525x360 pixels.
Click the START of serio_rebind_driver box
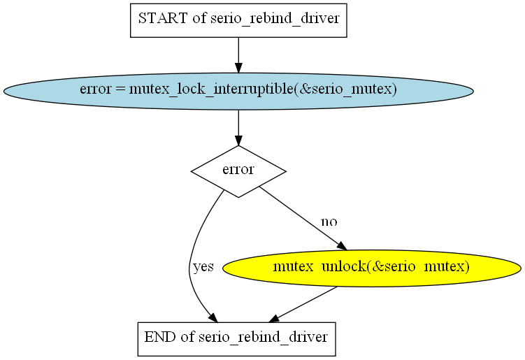click(238, 20)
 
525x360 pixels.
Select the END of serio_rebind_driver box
click(237, 339)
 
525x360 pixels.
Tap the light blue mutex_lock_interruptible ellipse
click(238, 91)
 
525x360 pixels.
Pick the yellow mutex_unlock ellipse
click(372, 268)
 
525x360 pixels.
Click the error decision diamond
click(238, 171)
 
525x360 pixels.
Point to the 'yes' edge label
click(203, 266)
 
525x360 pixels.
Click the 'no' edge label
click(329, 222)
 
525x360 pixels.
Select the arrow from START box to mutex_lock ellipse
click(238, 55)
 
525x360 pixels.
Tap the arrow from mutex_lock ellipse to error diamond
click(238, 128)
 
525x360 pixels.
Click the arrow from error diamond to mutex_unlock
click(303, 218)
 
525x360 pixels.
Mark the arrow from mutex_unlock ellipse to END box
click(303, 304)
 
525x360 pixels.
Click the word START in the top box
click(163, 18)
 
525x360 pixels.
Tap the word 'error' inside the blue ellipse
click(96, 89)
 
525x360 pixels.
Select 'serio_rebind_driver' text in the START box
click(275, 19)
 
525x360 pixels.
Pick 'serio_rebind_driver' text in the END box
click(263, 337)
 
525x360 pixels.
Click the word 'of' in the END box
click(187, 336)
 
